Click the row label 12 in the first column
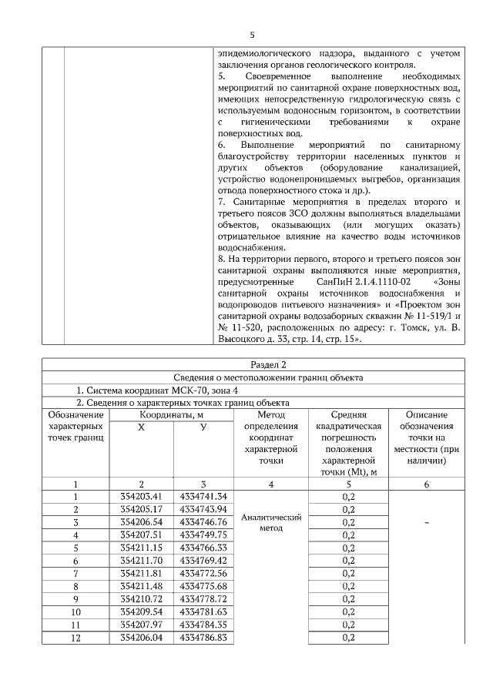pyautogui.click(x=75, y=638)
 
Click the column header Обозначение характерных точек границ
pyautogui.click(x=75, y=437)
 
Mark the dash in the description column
pyautogui.click(x=425, y=523)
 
